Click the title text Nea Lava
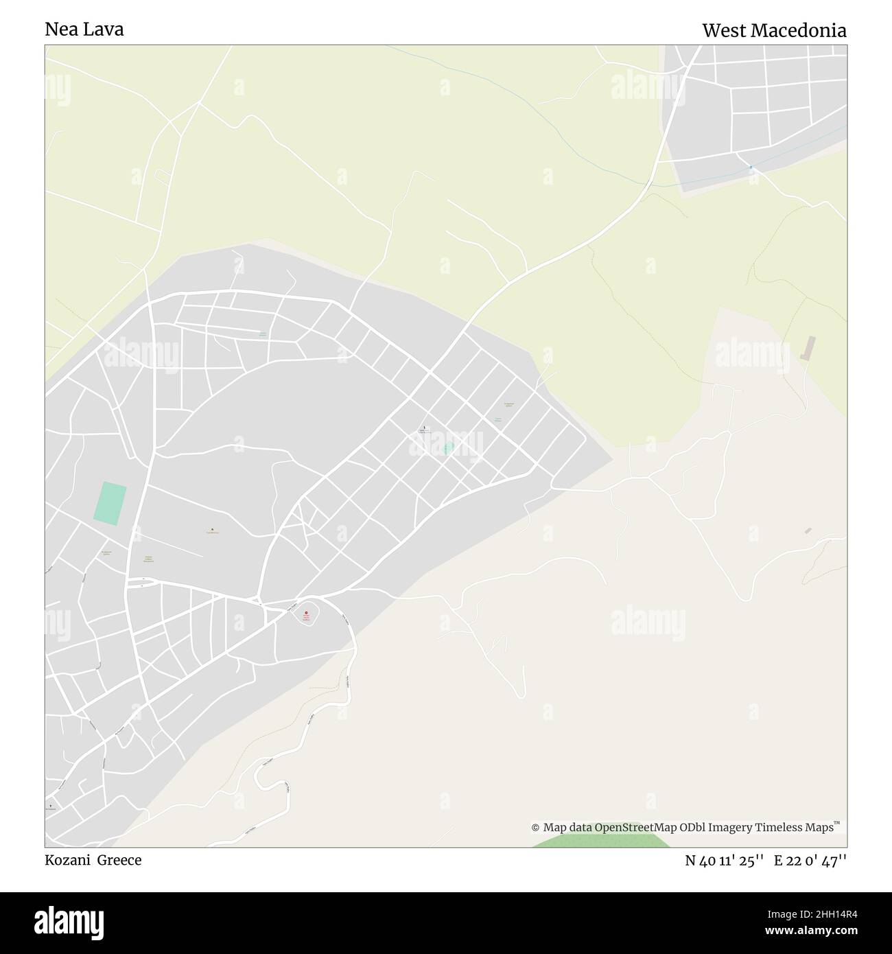click(x=84, y=30)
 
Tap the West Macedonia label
click(x=773, y=30)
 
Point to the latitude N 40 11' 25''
click(x=725, y=861)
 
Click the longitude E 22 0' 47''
click(x=810, y=861)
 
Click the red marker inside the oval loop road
click(x=306, y=613)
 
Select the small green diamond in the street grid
click(x=448, y=448)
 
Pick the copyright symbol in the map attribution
click(x=535, y=828)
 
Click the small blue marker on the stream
click(x=751, y=167)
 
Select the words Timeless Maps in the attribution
click(x=795, y=827)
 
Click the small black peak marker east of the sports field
click(x=212, y=529)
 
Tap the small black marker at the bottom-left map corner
click(x=50, y=804)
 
